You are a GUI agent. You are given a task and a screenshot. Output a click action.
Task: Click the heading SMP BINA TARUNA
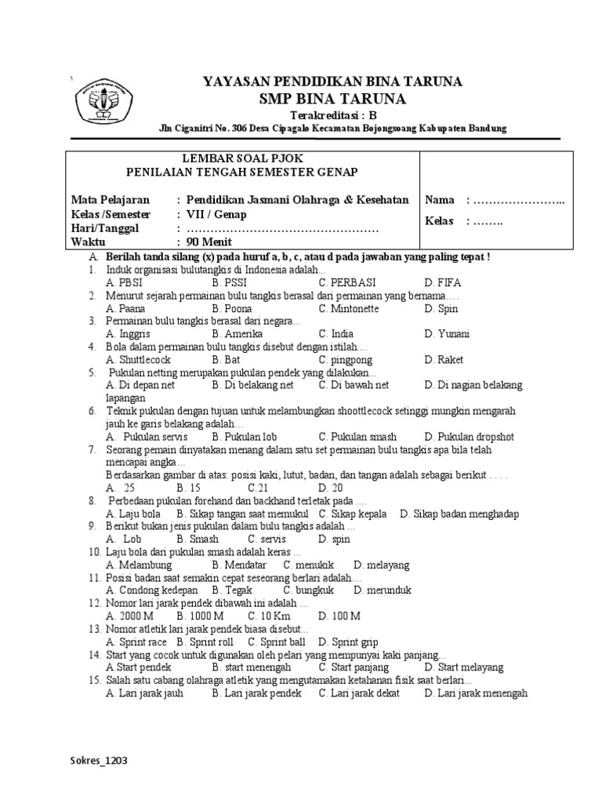[x=332, y=99]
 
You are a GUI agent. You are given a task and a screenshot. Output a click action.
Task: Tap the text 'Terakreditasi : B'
[x=333, y=114]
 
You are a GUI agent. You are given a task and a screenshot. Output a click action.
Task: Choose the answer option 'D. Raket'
[x=444, y=360]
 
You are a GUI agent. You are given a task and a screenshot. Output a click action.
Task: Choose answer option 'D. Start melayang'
[x=464, y=668]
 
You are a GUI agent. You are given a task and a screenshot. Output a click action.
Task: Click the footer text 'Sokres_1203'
[x=100, y=761]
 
